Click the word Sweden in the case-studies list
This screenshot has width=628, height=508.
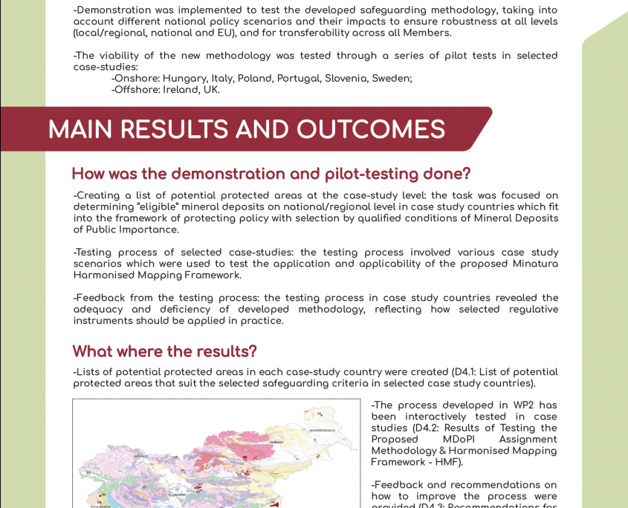click(392, 79)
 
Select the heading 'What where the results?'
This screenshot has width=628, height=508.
click(164, 351)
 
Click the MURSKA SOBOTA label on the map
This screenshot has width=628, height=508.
click(323, 430)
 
